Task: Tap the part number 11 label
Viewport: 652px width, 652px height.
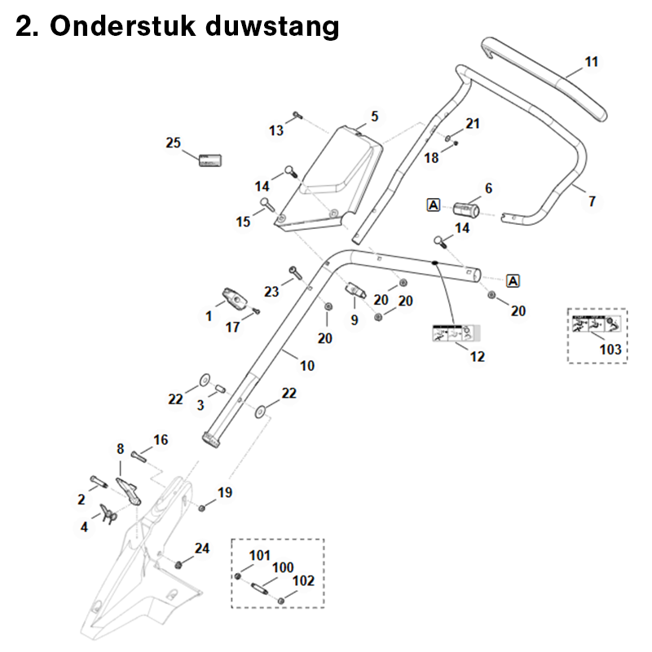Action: (592, 61)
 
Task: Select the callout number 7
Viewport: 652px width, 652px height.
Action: (592, 200)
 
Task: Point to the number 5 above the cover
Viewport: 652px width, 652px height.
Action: (375, 116)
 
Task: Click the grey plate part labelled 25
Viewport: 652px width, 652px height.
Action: (211, 158)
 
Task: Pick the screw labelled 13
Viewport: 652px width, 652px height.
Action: (297, 116)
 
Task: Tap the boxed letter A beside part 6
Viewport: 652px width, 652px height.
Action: (434, 205)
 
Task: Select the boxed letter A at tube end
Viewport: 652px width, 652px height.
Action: (513, 281)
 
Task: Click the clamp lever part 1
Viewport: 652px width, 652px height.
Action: (234, 299)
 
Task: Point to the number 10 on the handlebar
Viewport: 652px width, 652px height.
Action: (306, 366)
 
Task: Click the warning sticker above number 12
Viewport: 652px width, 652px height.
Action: (452, 333)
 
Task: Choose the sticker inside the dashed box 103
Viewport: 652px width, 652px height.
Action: (597, 325)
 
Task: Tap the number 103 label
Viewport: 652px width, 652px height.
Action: (610, 350)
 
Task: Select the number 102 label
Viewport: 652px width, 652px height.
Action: (303, 581)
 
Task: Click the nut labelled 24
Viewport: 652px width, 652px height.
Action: (178, 564)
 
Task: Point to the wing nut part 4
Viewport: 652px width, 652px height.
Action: (107, 511)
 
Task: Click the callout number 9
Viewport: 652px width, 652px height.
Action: (355, 320)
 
